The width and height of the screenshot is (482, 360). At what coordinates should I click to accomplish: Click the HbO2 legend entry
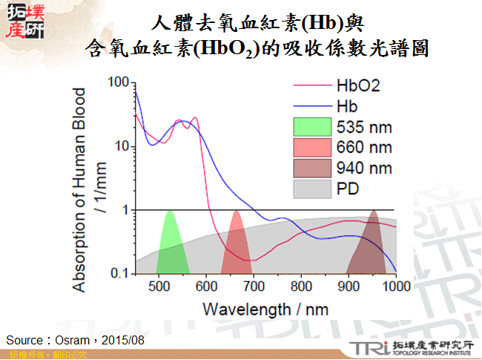pyautogui.click(x=357, y=85)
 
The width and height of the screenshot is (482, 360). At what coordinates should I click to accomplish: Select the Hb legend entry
pyautogui.click(x=346, y=106)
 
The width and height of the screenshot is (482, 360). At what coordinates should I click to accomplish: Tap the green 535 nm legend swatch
pyautogui.click(x=312, y=127)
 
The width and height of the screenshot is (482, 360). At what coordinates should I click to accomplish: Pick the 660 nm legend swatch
pyautogui.click(x=312, y=148)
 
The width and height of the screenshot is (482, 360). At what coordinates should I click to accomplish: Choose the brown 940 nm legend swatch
pyautogui.click(x=312, y=168)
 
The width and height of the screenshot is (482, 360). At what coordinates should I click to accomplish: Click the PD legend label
pyautogui.click(x=347, y=189)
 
